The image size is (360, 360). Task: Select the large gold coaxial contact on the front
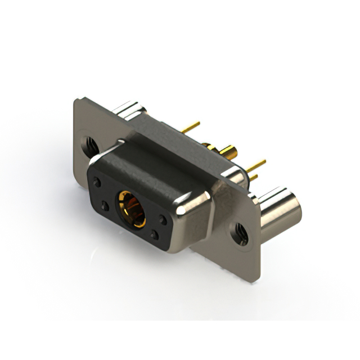tap(130, 209)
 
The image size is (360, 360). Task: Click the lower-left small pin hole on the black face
tap(104, 206)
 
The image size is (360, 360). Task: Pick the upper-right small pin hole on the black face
tap(163, 219)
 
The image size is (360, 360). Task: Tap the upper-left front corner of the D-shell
tap(92, 165)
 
